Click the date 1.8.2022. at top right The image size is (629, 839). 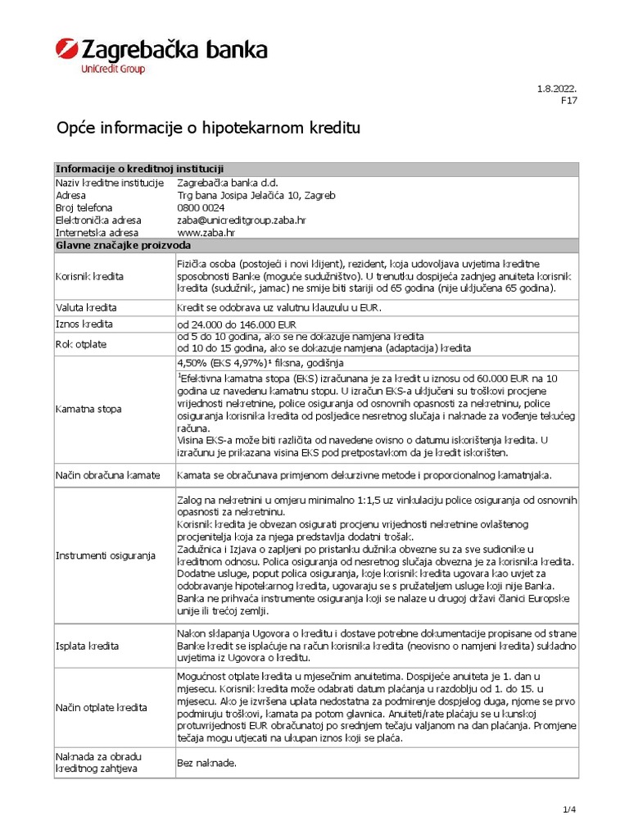tap(557, 88)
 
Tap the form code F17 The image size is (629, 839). tap(569, 101)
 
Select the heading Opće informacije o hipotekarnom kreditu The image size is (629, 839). tap(207, 129)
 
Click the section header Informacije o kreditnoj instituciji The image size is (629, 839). tap(140, 169)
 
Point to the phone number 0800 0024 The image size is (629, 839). tap(201, 208)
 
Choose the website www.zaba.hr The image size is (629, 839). tap(206, 233)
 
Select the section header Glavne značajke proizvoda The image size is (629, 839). tap(123, 245)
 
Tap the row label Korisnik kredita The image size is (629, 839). tap(89, 276)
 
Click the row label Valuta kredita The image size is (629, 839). tap(86, 307)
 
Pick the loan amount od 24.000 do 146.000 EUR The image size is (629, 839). tap(237, 324)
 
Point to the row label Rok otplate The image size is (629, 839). tap(81, 343)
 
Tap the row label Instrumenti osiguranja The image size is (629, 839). tap(105, 556)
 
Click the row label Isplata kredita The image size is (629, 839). tap(88, 646)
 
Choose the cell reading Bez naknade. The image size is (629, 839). tap(206, 763)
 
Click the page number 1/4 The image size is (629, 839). tap(569, 810)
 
